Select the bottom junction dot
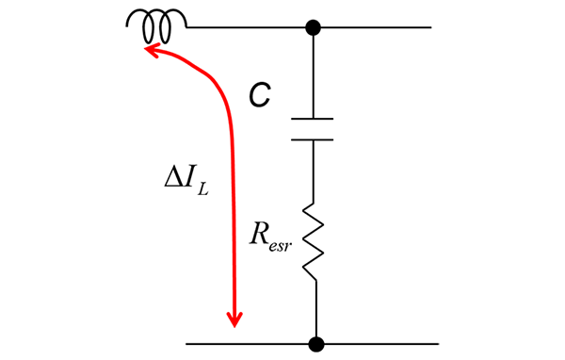click(x=317, y=343)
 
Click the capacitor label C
click(x=259, y=93)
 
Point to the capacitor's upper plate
click(x=313, y=120)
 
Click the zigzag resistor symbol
click(x=313, y=241)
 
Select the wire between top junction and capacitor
click(x=313, y=75)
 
